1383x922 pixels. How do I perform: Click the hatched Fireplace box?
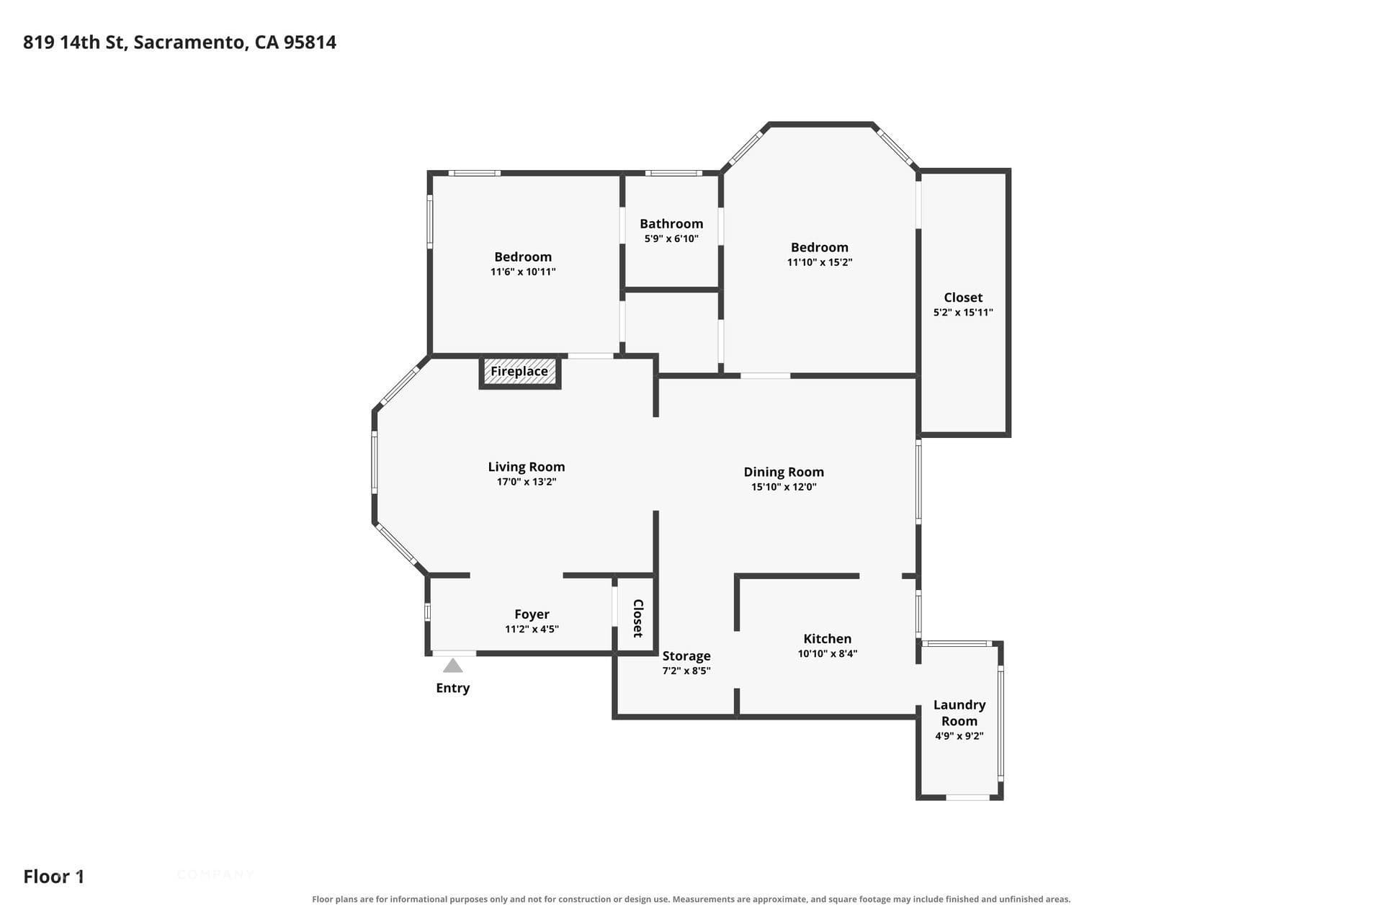pos(519,372)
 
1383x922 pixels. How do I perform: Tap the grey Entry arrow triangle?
pos(452,666)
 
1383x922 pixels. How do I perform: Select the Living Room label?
pos(527,467)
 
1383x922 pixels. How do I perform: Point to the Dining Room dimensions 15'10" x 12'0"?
pos(784,487)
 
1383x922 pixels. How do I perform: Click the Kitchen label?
pos(828,639)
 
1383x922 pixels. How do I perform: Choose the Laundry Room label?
pos(959,713)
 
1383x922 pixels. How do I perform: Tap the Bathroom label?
pos(671,224)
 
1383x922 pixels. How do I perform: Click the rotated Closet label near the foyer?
pos(637,618)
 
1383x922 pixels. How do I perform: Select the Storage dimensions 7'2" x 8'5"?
pos(686,671)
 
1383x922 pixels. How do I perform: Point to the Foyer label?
pos(532,614)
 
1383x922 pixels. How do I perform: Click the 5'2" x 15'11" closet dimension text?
pos(963,313)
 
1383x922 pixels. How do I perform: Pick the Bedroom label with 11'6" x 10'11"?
pos(523,257)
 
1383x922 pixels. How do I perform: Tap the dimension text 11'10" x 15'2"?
pos(820,262)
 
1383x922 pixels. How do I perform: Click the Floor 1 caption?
pos(54,877)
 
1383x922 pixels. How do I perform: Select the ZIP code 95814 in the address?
pos(310,42)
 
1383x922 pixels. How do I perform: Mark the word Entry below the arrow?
pos(452,688)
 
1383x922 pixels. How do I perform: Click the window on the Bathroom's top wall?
pos(673,173)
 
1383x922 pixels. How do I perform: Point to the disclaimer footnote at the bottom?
pos(691,899)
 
